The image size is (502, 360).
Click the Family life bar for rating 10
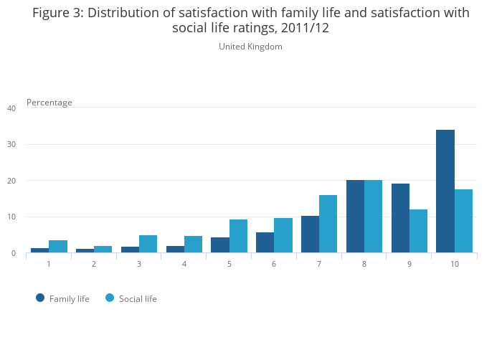(x=445, y=191)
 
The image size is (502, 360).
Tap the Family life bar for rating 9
(x=400, y=218)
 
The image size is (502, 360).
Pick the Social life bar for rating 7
(x=328, y=224)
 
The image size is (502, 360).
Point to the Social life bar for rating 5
(x=238, y=236)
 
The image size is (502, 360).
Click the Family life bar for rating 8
(x=355, y=217)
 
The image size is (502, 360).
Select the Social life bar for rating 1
(x=58, y=247)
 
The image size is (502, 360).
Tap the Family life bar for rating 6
(x=265, y=242)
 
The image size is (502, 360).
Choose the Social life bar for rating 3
(x=148, y=244)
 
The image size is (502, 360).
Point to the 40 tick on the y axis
(x=11, y=108)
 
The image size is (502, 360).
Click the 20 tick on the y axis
(x=11, y=181)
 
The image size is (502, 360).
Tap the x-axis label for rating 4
(x=184, y=265)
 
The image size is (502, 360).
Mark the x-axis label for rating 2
(x=94, y=265)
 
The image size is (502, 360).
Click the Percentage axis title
(x=49, y=103)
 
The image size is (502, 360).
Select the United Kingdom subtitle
(x=250, y=47)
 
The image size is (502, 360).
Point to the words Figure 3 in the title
(x=58, y=13)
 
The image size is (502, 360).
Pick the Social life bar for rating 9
(x=418, y=231)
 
